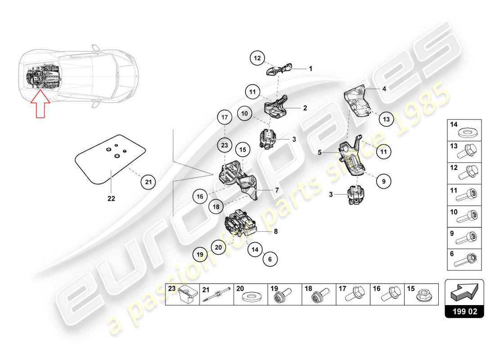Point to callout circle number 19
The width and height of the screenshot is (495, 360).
[x=201, y=255]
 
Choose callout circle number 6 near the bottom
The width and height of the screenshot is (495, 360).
[x=270, y=259]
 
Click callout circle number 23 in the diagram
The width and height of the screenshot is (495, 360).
[x=224, y=145]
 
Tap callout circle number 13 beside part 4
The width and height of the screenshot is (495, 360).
[x=386, y=119]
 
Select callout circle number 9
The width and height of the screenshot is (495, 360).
[x=384, y=182]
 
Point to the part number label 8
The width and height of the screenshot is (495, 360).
[x=276, y=232]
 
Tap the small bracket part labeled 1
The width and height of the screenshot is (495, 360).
[x=280, y=70]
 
